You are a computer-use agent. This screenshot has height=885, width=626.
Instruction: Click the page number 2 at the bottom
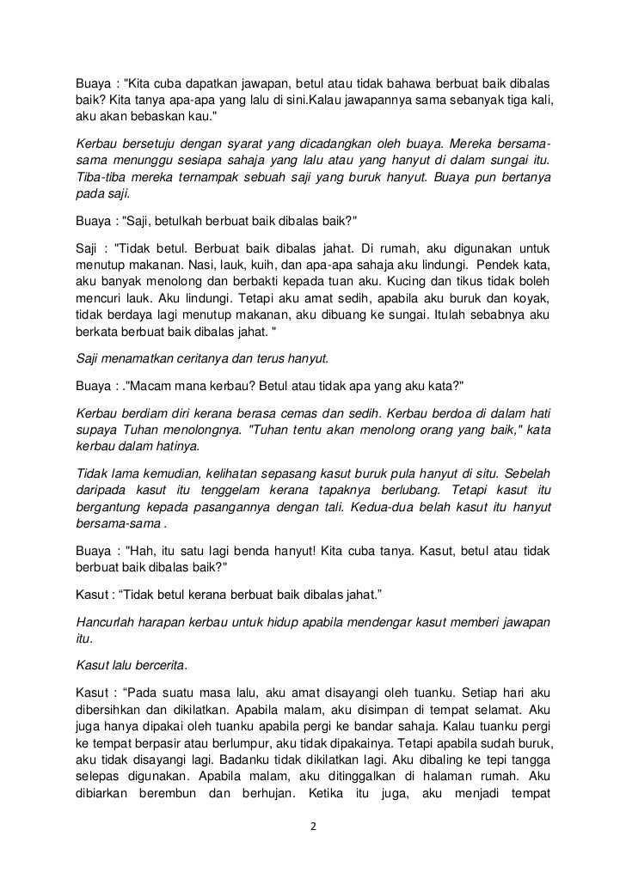[314, 827]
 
